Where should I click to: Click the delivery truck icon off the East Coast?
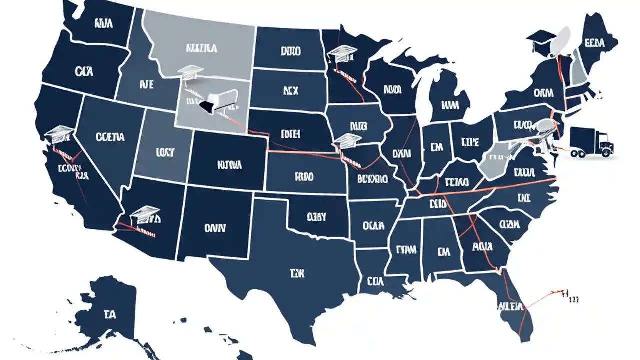click(590, 142)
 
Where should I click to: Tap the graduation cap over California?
click(59, 133)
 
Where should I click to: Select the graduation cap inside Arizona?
click(144, 215)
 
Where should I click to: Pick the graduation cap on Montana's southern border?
click(191, 73)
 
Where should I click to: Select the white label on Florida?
click(510, 305)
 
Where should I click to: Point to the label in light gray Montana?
click(201, 48)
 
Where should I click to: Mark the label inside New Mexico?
click(215, 228)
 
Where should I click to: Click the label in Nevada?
click(110, 136)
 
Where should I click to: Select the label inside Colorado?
click(230, 164)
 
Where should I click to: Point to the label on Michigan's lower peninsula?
click(450, 105)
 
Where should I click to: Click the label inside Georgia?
click(482, 247)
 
